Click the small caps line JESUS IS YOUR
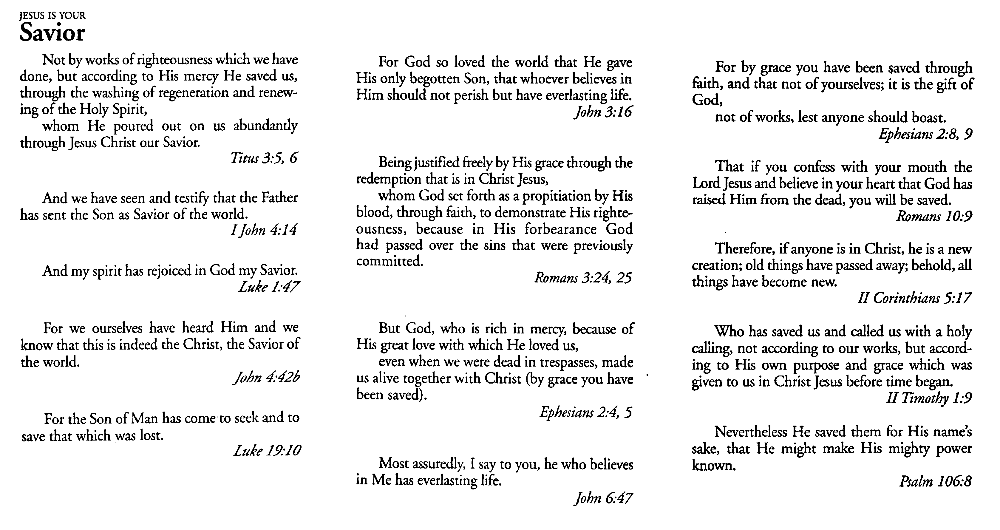tap(52, 16)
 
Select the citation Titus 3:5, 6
tap(264, 158)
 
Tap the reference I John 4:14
tap(264, 230)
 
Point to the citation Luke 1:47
tap(269, 287)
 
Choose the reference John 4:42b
tap(266, 377)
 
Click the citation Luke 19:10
tap(267, 450)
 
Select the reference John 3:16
tap(603, 112)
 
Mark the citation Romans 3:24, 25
tap(583, 278)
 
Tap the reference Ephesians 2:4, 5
tap(586, 412)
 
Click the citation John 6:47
tap(603, 498)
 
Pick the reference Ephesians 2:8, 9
tap(925, 134)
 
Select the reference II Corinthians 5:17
tap(914, 298)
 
